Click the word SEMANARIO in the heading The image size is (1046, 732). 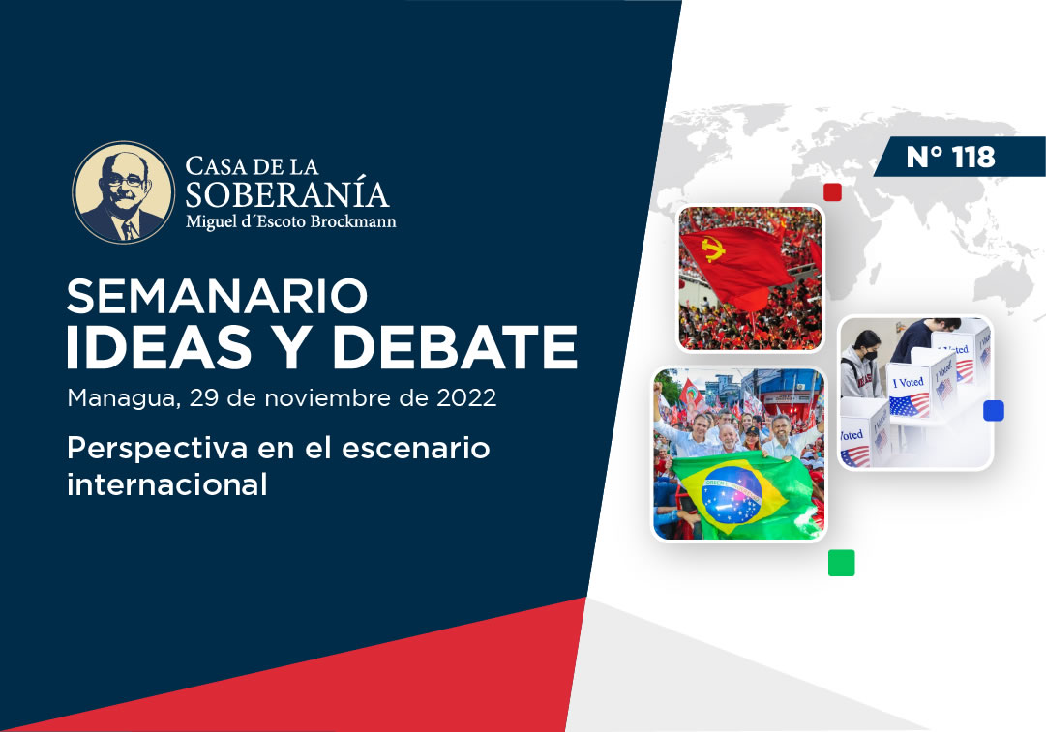point(218,297)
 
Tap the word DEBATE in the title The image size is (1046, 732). point(455,347)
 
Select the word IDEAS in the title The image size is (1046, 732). point(159,347)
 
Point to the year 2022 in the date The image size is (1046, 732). point(466,398)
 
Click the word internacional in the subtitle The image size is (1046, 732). point(166,484)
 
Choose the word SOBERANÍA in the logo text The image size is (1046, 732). point(286,194)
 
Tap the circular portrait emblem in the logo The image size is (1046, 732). point(124,192)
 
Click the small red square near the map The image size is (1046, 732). point(832,192)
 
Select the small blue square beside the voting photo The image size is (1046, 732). point(994,411)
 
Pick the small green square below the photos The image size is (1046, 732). point(841,563)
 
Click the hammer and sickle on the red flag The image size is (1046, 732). point(713,249)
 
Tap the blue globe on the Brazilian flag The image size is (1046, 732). point(732,494)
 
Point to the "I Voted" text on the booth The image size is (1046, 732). point(908,383)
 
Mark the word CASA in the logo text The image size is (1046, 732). point(212,166)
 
